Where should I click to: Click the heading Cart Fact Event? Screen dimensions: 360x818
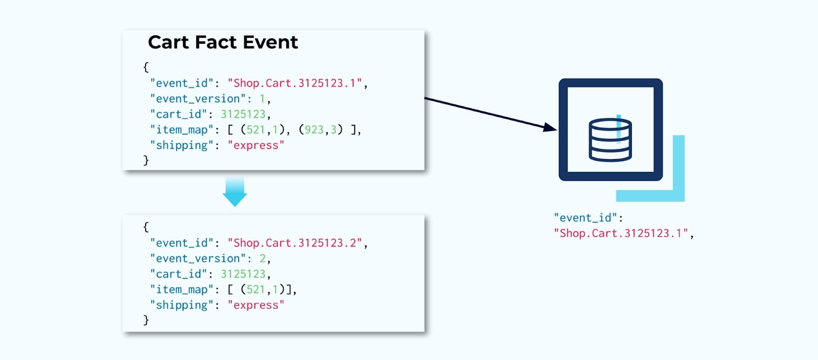pyautogui.click(x=222, y=42)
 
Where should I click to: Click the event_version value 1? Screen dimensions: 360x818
pyautogui.click(x=262, y=99)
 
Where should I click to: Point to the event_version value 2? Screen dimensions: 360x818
pyautogui.click(x=262, y=258)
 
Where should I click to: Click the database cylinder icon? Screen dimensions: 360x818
pyautogui.click(x=610, y=140)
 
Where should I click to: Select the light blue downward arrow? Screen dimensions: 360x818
pyautogui.click(x=235, y=192)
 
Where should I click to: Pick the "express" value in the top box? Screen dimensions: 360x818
pyautogui.click(x=256, y=145)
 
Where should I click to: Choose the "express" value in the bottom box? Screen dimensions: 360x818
pyautogui.click(x=256, y=305)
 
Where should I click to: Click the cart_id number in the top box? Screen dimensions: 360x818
pyautogui.click(x=243, y=114)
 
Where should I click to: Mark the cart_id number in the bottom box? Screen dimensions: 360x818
pyautogui.click(x=243, y=274)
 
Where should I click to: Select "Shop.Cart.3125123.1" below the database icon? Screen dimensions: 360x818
pyautogui.click(x=621, y=234)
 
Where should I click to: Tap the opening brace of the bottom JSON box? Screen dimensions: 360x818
pyautogui.click(x=146, y=227)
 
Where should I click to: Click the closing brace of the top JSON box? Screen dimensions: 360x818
pyautogui.click(x=146, y=160)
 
